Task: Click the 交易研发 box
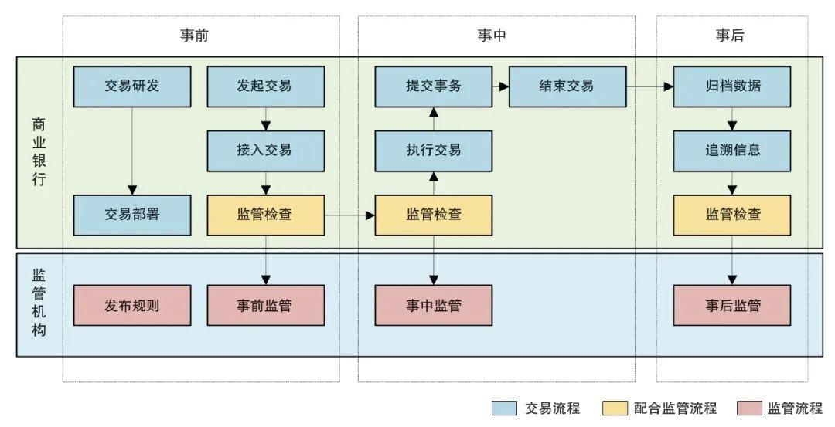(x=132, y=86)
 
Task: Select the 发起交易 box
(x=265, y=86)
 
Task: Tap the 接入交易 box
(x=265, y=151)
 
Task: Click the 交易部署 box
(x=132, y=215)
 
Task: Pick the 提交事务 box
(x=433, y=86)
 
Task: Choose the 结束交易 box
(x=567, y=86)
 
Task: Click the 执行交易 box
(x=433, y=151)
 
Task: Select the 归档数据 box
(x=732, y=86)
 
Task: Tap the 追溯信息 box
(x=732, y=151)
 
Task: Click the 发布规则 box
(x=132, y=305)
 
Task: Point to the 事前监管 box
(x=265, y=305)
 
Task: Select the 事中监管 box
(x=433, y=305)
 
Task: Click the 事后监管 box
(x=732, y=305)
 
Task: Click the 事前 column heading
(x=194, y=36)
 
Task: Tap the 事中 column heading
(x=492, y=36)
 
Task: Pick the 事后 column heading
(x=731, y=36)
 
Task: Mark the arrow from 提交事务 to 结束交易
(x=500, y=86)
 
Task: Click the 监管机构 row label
(x=39, y=302)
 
